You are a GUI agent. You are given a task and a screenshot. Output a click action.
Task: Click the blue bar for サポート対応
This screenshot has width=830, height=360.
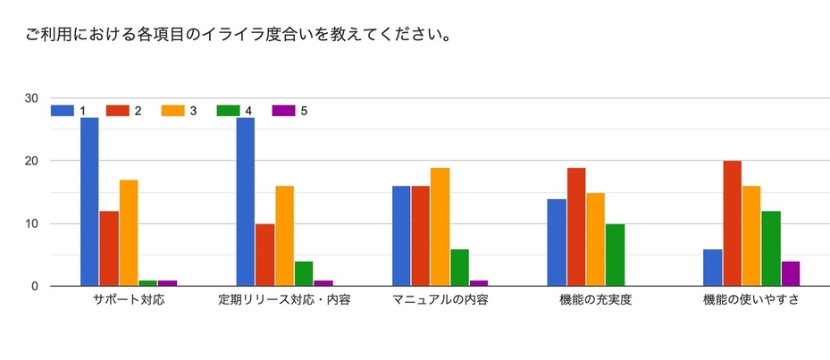click(89, 202)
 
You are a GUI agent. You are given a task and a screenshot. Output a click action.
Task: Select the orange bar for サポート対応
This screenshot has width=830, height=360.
click(129, 233)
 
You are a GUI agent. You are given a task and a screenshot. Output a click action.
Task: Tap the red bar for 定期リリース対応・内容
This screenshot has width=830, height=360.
click(264, 255)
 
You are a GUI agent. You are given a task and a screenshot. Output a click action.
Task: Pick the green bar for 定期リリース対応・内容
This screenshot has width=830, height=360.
click(304, 273)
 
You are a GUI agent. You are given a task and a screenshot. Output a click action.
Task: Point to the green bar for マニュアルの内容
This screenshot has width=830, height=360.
click(459, 267)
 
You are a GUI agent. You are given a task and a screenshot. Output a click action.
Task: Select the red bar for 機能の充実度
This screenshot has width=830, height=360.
click(576, 227)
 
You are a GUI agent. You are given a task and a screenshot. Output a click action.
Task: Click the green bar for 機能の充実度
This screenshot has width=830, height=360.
click(615, 255)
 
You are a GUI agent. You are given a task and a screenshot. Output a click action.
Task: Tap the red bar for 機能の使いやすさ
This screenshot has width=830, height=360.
click(732, 223)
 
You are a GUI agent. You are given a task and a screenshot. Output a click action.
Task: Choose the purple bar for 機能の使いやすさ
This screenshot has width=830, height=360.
click(790, 273)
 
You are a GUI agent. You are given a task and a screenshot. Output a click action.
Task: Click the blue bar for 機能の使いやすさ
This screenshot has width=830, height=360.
click(712, 267)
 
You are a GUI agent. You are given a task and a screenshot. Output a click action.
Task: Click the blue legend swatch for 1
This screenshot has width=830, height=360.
click(63, 111)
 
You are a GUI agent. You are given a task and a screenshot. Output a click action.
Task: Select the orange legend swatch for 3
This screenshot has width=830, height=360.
click(172, 111)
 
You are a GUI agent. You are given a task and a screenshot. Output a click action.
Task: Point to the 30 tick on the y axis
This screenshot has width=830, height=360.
click(31, 98)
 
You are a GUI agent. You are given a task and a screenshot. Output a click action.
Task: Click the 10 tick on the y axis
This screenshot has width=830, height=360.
click(31, 223)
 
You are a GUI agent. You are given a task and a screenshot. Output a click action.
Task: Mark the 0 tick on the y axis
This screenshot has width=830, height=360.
click(35, 286)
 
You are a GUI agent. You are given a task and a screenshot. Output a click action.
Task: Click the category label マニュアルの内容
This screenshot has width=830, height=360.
click(440, 301)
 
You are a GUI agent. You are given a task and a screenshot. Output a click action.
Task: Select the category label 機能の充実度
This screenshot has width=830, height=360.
click(595, 301)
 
